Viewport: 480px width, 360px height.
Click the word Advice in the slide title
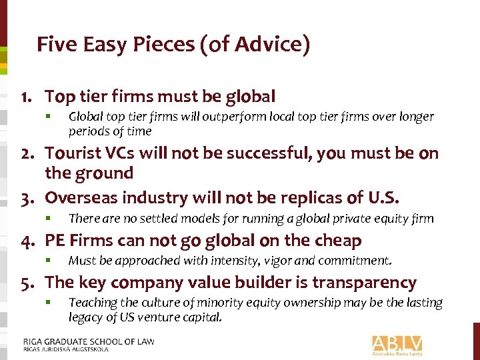272,45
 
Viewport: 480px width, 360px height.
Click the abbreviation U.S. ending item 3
384,198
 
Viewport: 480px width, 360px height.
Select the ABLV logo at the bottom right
398,345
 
